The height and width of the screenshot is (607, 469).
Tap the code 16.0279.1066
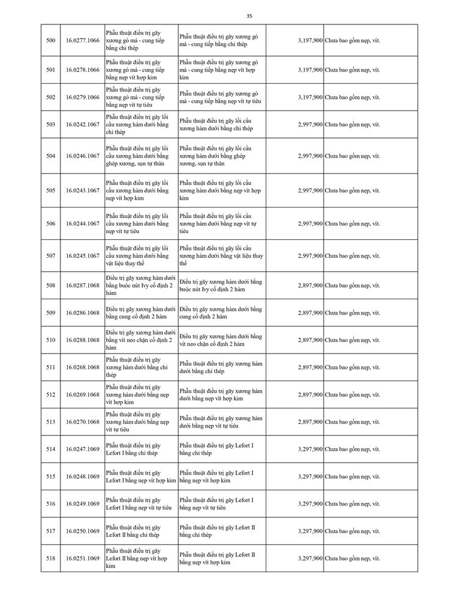(x=82, y=97)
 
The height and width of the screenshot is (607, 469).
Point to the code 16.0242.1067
(x=82, y=125)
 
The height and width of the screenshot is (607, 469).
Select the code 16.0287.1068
(x=82, y=285)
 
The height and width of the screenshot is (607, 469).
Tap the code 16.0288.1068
(x=82, y=340)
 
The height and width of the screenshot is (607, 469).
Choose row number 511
(x=51, y=367)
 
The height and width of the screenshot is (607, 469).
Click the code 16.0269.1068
(x=82, y=394)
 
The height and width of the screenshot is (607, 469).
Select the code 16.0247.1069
(x=82, y=449)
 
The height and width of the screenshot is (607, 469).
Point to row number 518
(x=51, y=559)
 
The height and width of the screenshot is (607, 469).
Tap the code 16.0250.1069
(x=82, y=531)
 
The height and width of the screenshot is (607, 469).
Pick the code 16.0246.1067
(x=82, y=156)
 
